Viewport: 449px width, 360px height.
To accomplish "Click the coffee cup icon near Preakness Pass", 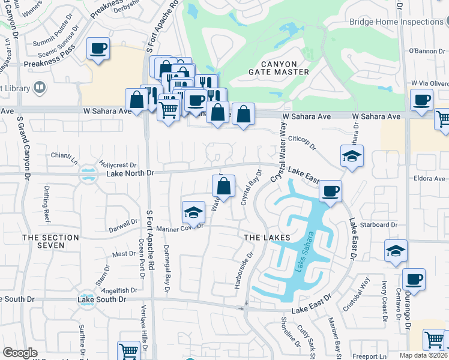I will click(x=97, y=49).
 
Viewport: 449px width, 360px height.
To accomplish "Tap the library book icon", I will click(x=40, y=88).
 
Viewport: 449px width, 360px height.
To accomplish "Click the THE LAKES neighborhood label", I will click(x=267, y=238).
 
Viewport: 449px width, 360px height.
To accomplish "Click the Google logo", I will click(x=20, y=353).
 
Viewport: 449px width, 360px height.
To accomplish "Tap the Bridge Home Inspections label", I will click(x=396, y=22).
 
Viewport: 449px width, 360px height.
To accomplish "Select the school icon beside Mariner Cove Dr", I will click(x=193, y=211).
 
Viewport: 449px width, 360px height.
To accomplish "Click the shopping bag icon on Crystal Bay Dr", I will click(x=223, y=187).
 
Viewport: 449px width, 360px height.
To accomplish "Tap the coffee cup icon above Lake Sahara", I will click(x=330, y=191).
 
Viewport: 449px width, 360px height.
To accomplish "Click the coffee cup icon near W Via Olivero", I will click(x=421, y=100).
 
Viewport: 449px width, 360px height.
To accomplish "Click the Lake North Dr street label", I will click(x=130, y=173).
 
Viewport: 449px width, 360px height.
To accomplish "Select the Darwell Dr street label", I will click(x=123, y=225).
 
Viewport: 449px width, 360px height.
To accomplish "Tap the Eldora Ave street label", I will click(x=430, y=179).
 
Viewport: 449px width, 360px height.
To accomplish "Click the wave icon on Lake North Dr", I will click(x=88, y=175).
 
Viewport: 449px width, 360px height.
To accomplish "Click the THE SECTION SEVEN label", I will click(x=50, y=242).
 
